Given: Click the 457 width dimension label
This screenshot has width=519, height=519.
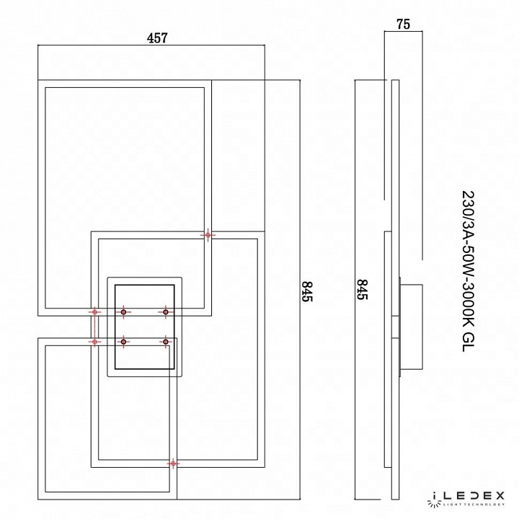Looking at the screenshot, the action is click(x=157, y=38).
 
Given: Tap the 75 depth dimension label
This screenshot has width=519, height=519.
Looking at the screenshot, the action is click(x=403, y=25).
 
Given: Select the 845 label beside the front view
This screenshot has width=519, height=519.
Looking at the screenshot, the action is click(x=307, y=291).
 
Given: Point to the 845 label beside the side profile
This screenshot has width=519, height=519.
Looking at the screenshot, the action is click(x=362, y=290).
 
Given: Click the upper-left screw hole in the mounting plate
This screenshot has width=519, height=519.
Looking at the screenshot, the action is click(x=123, y=312).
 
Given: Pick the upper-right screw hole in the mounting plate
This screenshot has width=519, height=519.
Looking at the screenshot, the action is click(x=166, y=312).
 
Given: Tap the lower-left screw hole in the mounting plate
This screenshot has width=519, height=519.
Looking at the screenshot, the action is click(x=123, y=342).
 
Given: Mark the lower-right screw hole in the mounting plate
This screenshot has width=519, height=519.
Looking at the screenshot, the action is click(x=166, y=342).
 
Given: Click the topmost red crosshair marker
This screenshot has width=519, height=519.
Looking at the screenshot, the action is click(x=208, y=235).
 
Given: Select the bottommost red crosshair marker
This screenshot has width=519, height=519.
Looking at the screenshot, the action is click(x=173, y=463).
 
